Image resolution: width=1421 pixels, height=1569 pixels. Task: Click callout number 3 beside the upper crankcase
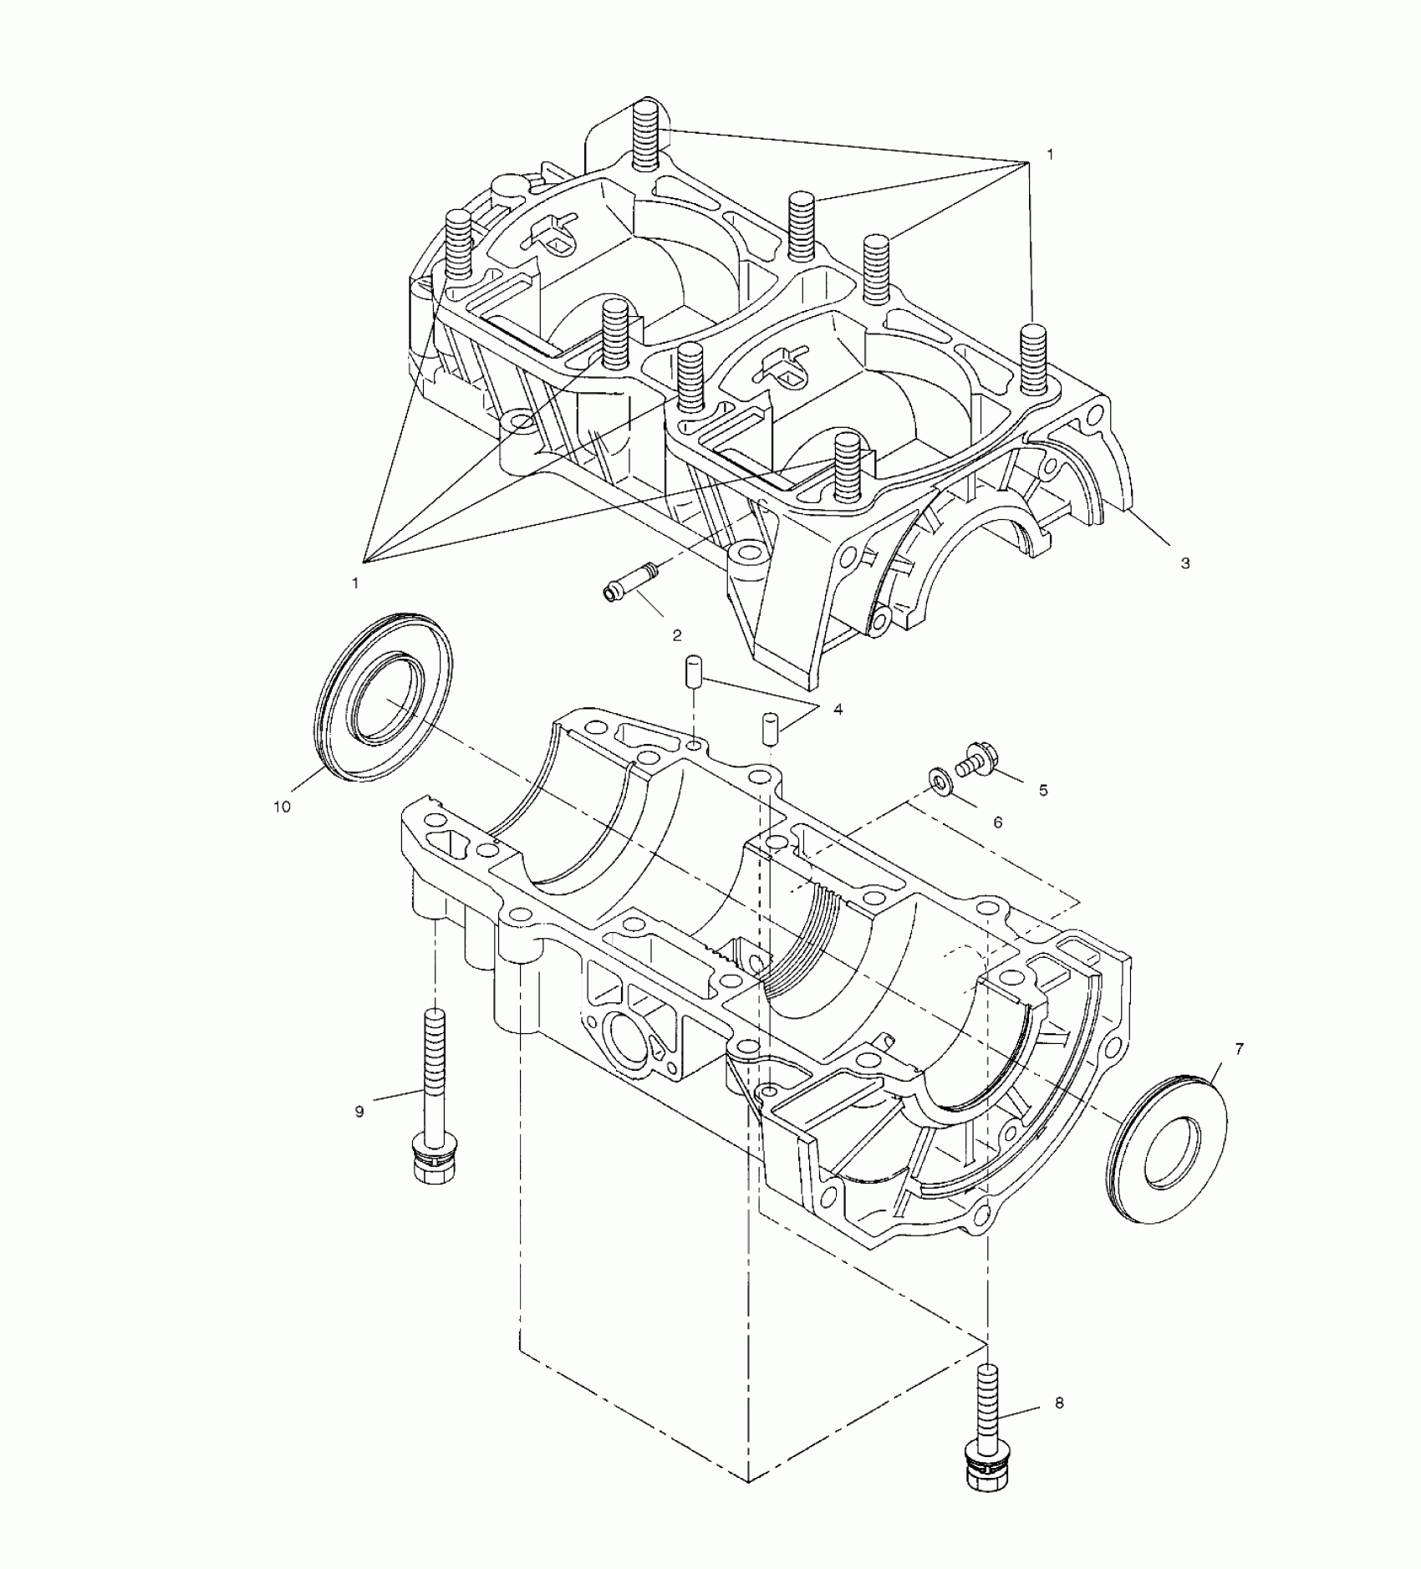tap(1184, 563)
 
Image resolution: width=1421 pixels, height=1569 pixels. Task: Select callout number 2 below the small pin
tap(677, 635)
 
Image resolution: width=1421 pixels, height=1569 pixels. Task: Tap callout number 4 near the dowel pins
tap(838, 710)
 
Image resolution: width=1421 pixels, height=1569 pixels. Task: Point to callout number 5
tap(1043, 790)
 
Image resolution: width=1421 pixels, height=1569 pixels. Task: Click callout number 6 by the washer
tap(997, 823)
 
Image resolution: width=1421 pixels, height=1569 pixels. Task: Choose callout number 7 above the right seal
tap(1239, 1048)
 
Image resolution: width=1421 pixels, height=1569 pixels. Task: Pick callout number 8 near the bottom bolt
tap(1059, 1403)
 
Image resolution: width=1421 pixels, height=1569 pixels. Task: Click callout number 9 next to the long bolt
tap(359, 1112)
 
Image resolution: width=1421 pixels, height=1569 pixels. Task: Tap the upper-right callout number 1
tap(1050, 155)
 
